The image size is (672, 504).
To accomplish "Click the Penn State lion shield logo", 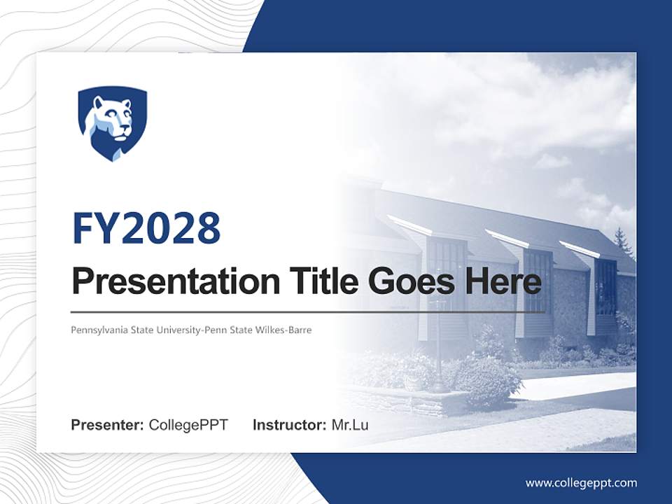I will (112, 123).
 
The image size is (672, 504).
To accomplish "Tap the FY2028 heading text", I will (146, 228).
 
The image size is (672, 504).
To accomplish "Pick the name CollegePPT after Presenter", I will (188, 425).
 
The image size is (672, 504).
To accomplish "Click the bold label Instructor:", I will (290, 425).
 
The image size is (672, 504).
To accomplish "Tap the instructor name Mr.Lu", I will (350, 425).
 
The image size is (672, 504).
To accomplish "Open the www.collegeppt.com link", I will (581, 483).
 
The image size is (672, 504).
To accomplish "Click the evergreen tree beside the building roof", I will (621, 241).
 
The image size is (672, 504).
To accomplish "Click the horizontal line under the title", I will (308, 311).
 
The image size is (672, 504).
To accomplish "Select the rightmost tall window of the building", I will (605, 287).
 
